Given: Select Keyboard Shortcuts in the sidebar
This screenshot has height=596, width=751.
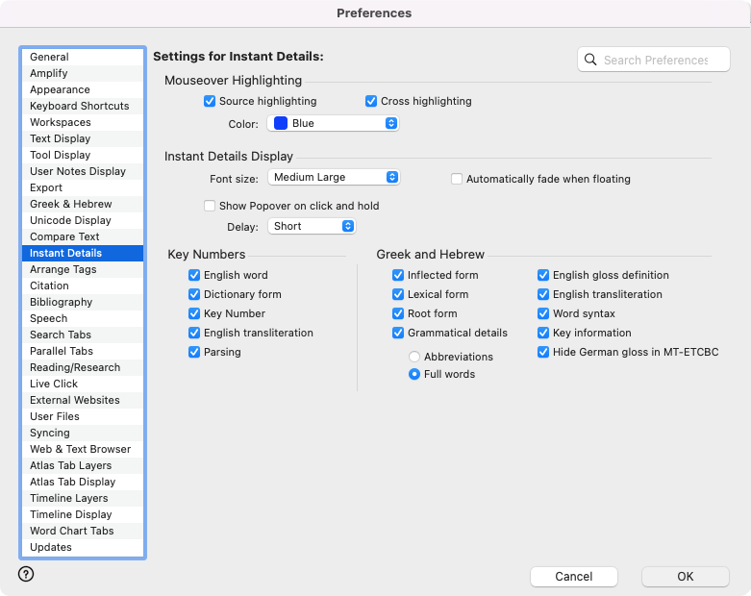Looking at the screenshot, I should tap(79, 106).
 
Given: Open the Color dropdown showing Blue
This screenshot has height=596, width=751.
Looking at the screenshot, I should tap(333, 123).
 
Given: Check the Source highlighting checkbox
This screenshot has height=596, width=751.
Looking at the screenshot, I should tap(210, 101).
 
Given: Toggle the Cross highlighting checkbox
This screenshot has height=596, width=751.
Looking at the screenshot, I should tap(371, 101).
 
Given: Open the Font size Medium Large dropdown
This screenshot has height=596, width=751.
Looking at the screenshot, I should tap(333, 177).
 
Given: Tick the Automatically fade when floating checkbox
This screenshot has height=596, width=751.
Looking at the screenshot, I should tap(457, 179).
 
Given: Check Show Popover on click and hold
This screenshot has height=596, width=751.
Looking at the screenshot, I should tap(210, 206).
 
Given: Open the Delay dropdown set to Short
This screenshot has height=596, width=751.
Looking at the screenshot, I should tap(311, 226).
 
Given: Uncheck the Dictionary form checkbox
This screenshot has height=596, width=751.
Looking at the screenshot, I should tap(194, 294).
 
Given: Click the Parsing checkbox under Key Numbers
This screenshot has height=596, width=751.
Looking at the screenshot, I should tap(194, 352).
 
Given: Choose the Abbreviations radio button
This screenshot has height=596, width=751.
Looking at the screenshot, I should tap(414, 357).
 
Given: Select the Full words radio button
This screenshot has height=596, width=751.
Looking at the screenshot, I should tap(414, 374).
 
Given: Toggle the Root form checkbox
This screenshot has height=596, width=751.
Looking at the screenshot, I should tap(398, 313).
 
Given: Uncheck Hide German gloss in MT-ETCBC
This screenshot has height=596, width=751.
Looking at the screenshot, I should tap(543, 352).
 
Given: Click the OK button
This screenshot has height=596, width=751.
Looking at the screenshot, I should tap(685, 577).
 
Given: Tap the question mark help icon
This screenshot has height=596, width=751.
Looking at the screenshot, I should tap(26, 574).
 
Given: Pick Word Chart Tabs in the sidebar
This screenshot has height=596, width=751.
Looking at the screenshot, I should tap(71, 531).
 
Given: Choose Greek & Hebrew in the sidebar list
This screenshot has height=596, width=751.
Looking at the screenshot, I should tap(70, 204).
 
